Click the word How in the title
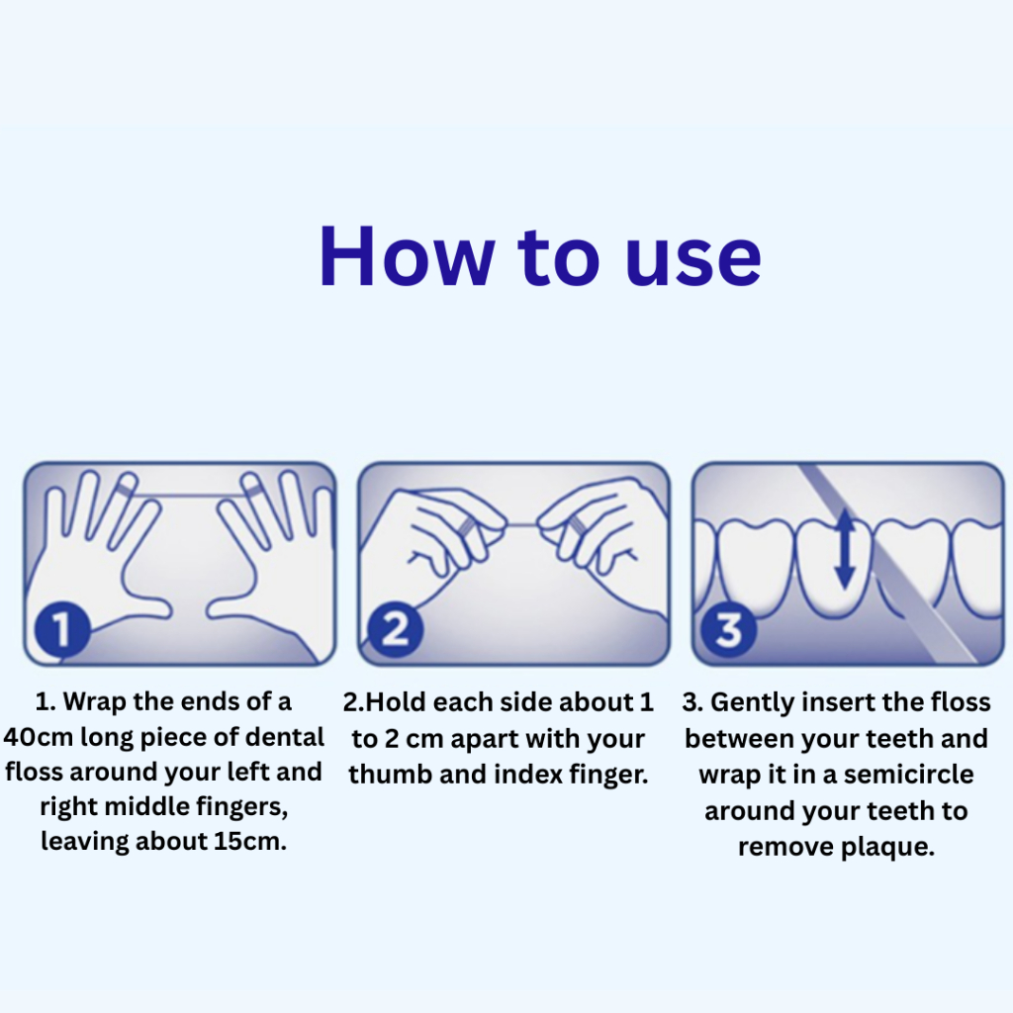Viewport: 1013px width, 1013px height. [407, 256]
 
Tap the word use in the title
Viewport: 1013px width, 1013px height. [693, 261]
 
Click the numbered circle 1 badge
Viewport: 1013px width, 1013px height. [62, 628]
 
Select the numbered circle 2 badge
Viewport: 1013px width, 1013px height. [396, 628]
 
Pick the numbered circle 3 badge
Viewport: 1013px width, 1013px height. [729, 629]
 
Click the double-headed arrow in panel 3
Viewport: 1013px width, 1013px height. [845, 548]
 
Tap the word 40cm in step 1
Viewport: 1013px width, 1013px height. [39, 737]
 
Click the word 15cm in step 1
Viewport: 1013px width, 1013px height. [250, 841]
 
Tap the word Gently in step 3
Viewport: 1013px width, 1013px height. [752, 703]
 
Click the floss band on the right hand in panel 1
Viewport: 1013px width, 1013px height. [252, 491]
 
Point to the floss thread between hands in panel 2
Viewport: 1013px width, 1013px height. [522, 524]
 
